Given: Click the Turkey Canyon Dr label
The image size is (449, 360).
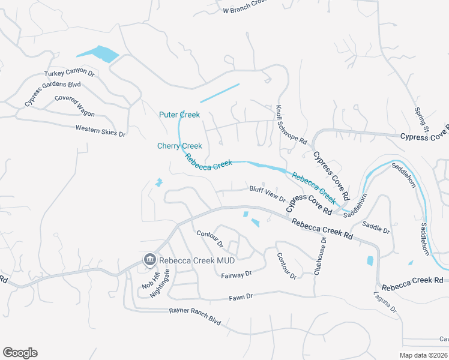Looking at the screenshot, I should click(x=70, y=73).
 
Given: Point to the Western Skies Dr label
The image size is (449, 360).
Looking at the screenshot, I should click(x=100, y=130).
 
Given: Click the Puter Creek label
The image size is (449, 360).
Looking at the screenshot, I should click(x=179, y=115).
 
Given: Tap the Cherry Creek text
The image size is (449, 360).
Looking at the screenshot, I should click(x=179, y=146).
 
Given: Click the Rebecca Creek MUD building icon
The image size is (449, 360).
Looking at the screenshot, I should click(x=149, y=260).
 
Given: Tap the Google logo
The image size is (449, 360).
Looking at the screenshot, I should click(x=20, y=353).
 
